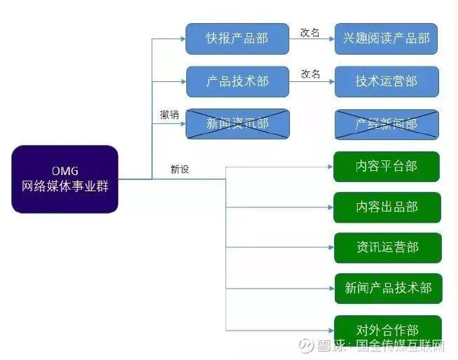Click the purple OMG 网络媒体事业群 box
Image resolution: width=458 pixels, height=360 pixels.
[64, 179]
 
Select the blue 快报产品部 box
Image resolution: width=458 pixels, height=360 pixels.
[237, 39]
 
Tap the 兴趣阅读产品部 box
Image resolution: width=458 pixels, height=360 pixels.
[386, 39]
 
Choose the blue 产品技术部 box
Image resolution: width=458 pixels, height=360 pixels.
[237, 81]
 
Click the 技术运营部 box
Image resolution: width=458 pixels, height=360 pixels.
[386, 81]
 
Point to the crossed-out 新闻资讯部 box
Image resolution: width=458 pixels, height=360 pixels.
[237, 124]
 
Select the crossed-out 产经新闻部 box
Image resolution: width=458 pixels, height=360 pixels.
[386, 124]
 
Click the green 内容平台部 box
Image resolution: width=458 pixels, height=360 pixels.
[386, 167]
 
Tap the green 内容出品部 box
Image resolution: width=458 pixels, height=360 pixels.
[387, 207]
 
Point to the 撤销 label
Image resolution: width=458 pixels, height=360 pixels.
[169, 114]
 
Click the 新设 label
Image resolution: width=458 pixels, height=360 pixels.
[180, 169]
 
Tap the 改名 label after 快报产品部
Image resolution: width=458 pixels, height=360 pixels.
[310, 32]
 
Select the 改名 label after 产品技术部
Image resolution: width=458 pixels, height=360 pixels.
[310, 74]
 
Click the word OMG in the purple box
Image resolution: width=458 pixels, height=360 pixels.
[64, 171]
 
